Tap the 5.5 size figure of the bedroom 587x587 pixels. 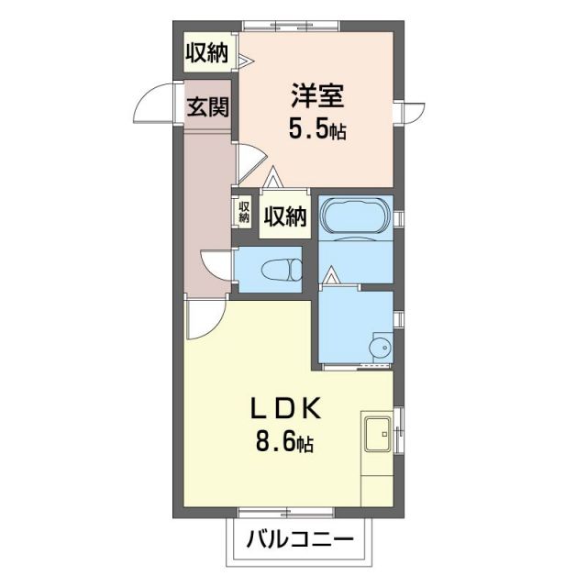[x=316, y=128]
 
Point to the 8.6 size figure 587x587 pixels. [x=283, y=445]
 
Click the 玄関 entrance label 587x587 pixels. [x=207, y=107]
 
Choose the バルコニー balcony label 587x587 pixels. [x=299, y=541]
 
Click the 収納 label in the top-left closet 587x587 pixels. [x=207, y=53]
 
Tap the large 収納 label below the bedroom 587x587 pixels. [x=285, y=216]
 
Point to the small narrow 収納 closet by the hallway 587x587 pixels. [x=244, y=212]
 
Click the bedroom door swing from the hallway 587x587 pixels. [x=248, y=163]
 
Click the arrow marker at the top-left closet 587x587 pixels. [x=247, y=61]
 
